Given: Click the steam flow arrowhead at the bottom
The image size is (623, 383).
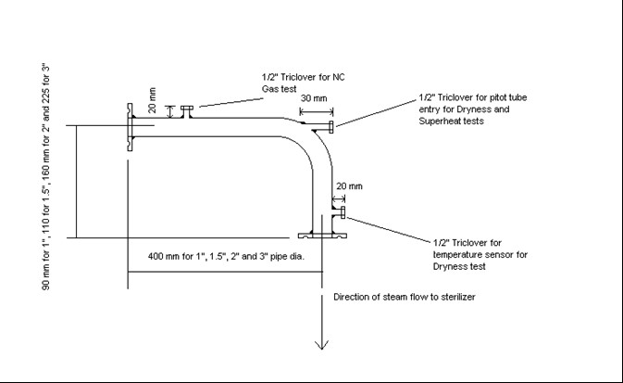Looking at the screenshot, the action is pos(321,345).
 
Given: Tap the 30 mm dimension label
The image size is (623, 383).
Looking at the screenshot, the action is pos(314,98).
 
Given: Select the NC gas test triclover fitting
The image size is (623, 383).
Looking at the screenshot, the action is pos(187,111).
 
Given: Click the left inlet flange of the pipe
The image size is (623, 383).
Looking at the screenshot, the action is pos(130,127).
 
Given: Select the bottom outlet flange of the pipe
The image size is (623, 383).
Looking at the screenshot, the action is pos(322,236).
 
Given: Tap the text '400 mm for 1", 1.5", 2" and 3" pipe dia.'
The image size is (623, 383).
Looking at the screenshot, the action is pos(226,256).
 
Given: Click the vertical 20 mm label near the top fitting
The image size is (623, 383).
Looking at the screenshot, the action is pos(153,100).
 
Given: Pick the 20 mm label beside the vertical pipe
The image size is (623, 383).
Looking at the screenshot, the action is pos(349,186).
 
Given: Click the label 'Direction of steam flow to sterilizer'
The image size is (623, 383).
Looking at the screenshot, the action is pos(405,297).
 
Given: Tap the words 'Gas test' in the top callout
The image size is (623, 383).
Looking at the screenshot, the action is pos(279,89).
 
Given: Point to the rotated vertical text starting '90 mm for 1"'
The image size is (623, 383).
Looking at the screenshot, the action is pos(45,176).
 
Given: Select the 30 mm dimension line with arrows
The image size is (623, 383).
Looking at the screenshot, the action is pos(317,111).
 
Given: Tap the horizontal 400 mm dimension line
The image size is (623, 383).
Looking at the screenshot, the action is pos(225,272).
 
